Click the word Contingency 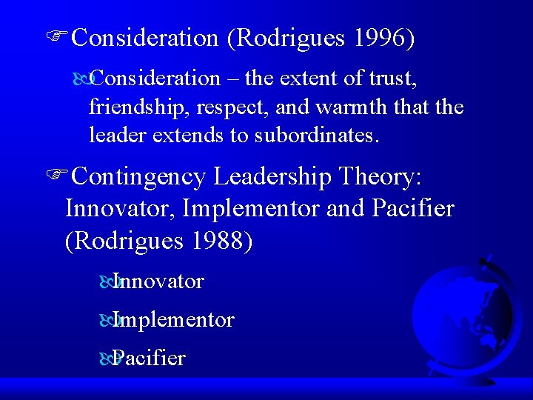tap(133, 176)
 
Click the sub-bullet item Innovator tap(158, 281)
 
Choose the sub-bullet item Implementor tap(174, 320)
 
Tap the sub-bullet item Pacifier tap(150, 359)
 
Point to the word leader tap(111, 136)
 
